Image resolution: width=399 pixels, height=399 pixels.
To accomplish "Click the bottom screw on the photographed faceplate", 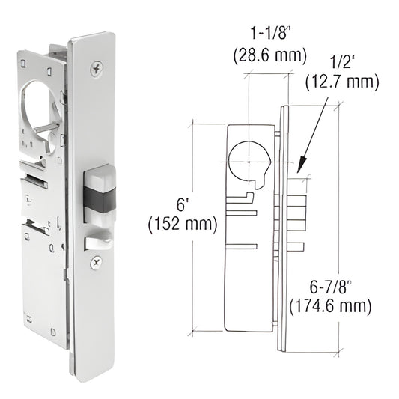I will [x=96, y=261].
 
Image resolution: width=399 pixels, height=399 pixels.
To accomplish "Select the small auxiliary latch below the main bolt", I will [x=95, y=241].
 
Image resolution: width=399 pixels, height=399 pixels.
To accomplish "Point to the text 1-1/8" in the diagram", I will [x=267, y=34].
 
